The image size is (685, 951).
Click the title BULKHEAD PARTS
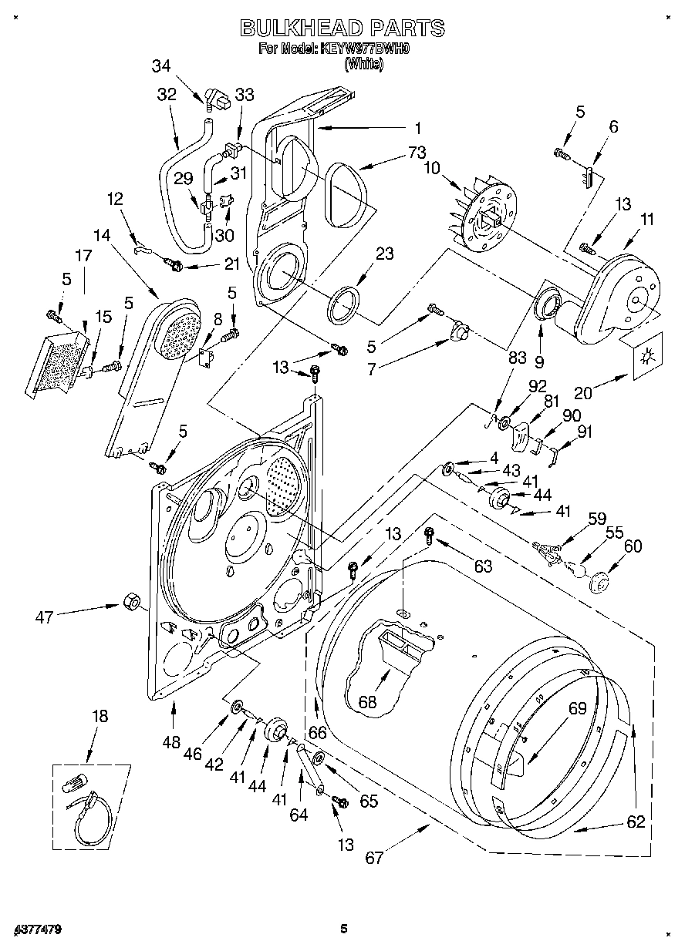tap(342, 29)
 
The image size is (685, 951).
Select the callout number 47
tap(46, 616)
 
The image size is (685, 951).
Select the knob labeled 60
tap(599, 583)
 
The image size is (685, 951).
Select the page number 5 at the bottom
tap(344, 929)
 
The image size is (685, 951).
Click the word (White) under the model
tap(363, 66)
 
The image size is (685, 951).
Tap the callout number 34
tap(160, 66)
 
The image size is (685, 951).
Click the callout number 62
tap(636, 822)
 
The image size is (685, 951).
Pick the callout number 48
tap(170, 743)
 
